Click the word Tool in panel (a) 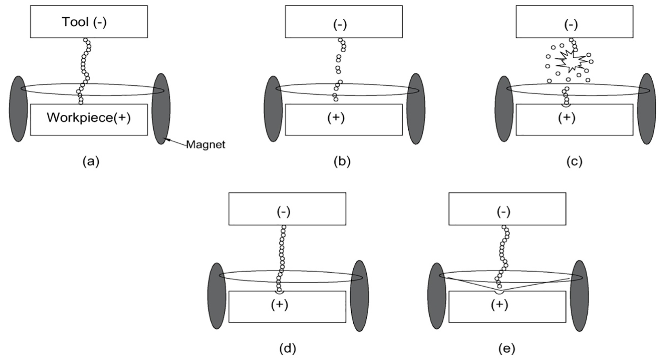(75, 22)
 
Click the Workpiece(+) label (88, 118)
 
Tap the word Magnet (205, 145)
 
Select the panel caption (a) (91, 162)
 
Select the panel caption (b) (342, 162)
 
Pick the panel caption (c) (574, 162)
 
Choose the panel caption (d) (288, 349)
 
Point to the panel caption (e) (507, 349)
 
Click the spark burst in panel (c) (571, 61)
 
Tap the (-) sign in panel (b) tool (340, 25)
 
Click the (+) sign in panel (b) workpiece (336, 118)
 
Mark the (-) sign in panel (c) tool (571, 25)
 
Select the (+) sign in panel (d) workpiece (279, 305)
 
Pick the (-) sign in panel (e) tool (504, 212)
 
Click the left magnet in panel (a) (18, 109)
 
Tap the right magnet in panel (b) (416, 109)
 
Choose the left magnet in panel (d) (217, 296)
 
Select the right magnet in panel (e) (579, 296)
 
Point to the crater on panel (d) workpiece (279, 292)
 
